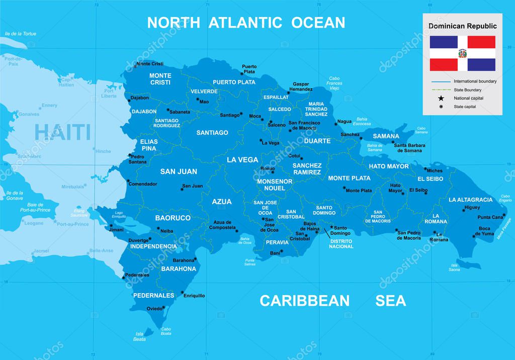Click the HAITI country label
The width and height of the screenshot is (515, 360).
click(x=62, y=132)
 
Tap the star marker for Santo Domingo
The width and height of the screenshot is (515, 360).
click(x=331, y=227)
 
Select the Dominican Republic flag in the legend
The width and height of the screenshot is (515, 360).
click(x=462, y=53)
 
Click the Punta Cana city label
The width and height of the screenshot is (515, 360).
click(x=490, y=217)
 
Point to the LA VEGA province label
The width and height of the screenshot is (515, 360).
click(x=242, y=160)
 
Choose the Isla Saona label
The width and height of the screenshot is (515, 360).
click(x=454, y=267)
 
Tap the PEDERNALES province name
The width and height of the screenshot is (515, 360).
click(x=153, y=295)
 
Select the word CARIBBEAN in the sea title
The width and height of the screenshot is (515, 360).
click(x=304, y=301)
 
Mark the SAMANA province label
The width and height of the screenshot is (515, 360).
click(x=386, y=136)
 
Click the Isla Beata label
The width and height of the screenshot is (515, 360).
click(x=140, y=336)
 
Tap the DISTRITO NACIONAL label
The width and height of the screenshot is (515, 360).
click(x=341, y=244)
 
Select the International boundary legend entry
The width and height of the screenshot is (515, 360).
click(x=474, y=81)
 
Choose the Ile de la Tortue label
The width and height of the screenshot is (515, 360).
click(x=20, y=34)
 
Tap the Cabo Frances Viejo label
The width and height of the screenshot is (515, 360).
click(x=334, y=83)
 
